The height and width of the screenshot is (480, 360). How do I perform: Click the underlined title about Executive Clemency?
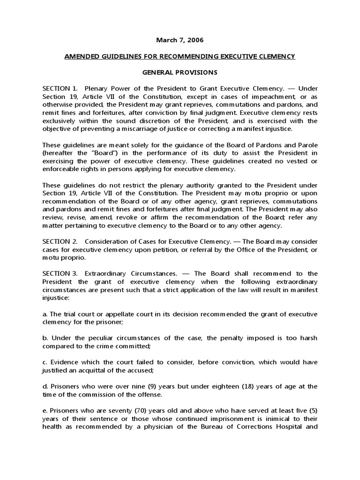180,57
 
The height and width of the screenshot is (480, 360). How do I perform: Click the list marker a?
45,314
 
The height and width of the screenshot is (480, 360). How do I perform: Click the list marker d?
45,386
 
